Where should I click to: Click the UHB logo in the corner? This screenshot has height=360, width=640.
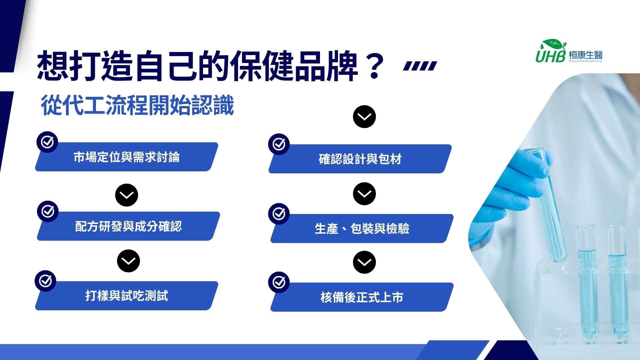point(569,51)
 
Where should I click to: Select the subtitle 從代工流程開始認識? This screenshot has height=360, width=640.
point(137,105)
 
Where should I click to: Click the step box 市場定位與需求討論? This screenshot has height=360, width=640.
point(127,157)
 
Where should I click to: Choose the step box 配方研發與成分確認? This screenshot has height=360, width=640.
point(128,226)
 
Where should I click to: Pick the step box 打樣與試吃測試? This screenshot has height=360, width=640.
point(127,296)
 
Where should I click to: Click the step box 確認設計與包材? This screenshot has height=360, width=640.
point(360,159)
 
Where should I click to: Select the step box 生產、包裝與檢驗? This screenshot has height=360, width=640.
point(362,228)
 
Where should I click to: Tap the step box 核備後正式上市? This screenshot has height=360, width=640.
point(362,297)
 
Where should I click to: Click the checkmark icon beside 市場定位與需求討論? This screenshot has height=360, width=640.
point(47,142)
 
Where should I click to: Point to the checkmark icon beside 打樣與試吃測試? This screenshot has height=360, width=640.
point(46,281)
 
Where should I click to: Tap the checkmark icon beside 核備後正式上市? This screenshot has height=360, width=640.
point(279,283)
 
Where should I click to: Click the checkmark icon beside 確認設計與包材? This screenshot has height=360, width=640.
point(279,144)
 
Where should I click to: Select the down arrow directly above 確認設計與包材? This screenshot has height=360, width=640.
point(364,117)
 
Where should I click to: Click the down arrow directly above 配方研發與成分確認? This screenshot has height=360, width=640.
point(127,195)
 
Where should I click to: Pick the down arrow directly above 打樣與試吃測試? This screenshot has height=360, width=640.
point(128,261)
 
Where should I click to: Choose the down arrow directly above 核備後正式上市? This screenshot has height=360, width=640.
point(364,262)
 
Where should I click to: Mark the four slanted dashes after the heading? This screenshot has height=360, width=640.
point(420,66)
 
